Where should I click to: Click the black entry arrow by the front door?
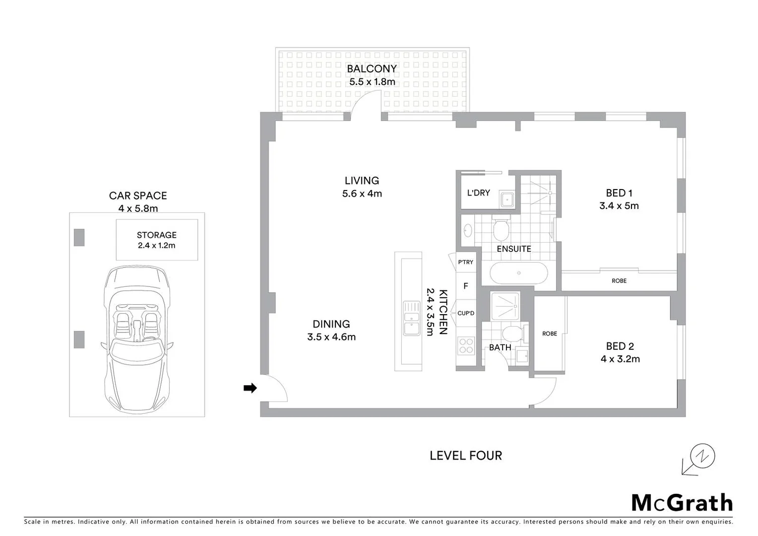[x=250, y=388]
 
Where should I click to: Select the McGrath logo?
[x=682, y=503]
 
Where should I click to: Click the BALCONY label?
[x=372, y=69]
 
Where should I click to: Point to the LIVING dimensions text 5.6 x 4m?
[x=362, y=194]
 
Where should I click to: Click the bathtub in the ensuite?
[x=518, y=273]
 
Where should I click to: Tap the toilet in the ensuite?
[x=501, y=229]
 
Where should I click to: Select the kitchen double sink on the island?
[x=412, y=318]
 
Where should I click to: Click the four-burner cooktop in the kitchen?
[x=466, y=345]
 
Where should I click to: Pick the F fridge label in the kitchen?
[x=466, y=286]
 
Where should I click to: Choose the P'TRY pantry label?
[x=465, y=262]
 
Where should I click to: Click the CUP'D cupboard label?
[x=466, y=313]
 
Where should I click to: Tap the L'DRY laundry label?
[x=478, y=193]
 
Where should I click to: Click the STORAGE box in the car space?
[x=157, y=240]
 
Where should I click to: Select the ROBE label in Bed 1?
[x=619, y=281]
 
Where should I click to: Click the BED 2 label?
[x=620, y=346]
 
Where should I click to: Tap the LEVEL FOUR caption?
[x=466, y=456]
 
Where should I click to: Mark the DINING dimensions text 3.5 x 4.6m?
[x=331, y=337]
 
